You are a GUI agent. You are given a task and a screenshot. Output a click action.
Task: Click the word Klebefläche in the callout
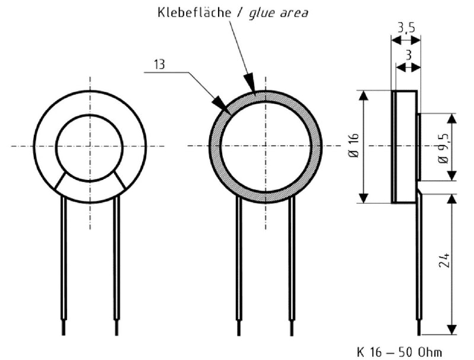click(x=190, y=12)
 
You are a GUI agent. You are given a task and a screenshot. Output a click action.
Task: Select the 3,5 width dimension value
click(x=406, y=28)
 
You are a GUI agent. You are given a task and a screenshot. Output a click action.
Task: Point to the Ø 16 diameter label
click(x=354, y=146)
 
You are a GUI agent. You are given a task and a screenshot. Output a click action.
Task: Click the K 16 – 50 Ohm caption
click(x=399, y=352)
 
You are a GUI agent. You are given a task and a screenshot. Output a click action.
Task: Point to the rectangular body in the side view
click(x=405, y=146)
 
